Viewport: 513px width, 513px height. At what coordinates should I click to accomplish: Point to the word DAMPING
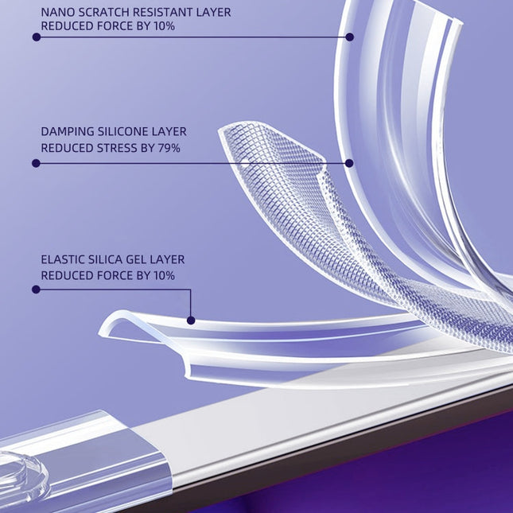click(69, 132)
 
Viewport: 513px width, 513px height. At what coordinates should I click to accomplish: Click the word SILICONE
click(130, 132)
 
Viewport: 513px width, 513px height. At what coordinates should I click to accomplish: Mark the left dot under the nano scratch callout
click(36, 37)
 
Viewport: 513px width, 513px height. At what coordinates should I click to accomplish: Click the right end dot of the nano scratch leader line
click(349, 37)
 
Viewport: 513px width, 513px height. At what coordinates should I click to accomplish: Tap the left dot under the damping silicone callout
click(36, 163)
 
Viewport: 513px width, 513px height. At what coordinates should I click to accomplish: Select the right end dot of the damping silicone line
click(349, 163)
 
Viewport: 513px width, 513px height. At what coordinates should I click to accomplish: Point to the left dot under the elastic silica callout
click(36, 290)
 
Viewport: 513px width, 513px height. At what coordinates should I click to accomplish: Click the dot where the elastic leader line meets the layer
click(191, 321)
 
